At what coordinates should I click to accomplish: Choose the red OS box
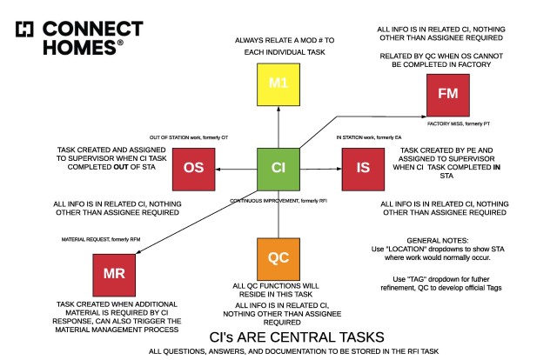pos(193,170)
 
